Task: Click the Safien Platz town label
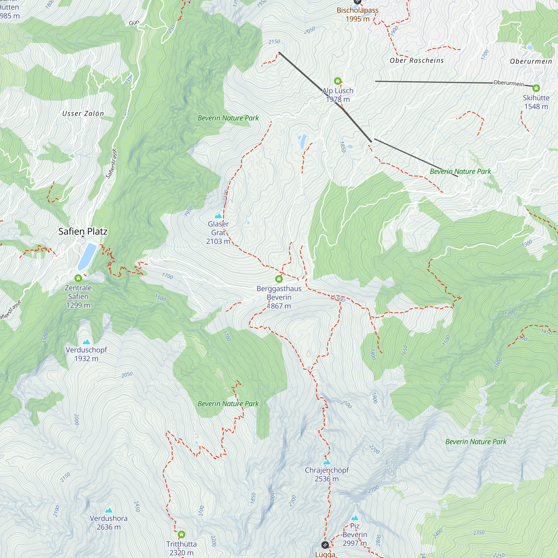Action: click(83, 231)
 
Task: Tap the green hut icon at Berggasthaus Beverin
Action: click(279, 279)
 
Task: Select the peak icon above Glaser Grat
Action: click(218, 216)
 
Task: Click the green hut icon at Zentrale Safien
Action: click(78, 278)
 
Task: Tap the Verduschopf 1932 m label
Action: click(86, 354)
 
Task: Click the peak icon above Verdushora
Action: click(109, 510)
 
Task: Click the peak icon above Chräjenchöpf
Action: click(327, 462)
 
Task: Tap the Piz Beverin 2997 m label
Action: click(355, 535)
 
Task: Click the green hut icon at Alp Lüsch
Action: click(338, 81)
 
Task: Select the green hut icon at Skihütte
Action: click(536, 88)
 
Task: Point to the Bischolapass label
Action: click(358, 10)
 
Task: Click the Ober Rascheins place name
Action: click(417, 61)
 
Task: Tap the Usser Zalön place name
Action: click(83, 114)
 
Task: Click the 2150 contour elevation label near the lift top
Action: click(274, 42)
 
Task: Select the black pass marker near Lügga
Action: click(325, 545)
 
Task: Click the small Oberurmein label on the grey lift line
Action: click(509, 83)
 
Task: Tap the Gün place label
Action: click(134, 23)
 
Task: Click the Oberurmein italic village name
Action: click(531, 61)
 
